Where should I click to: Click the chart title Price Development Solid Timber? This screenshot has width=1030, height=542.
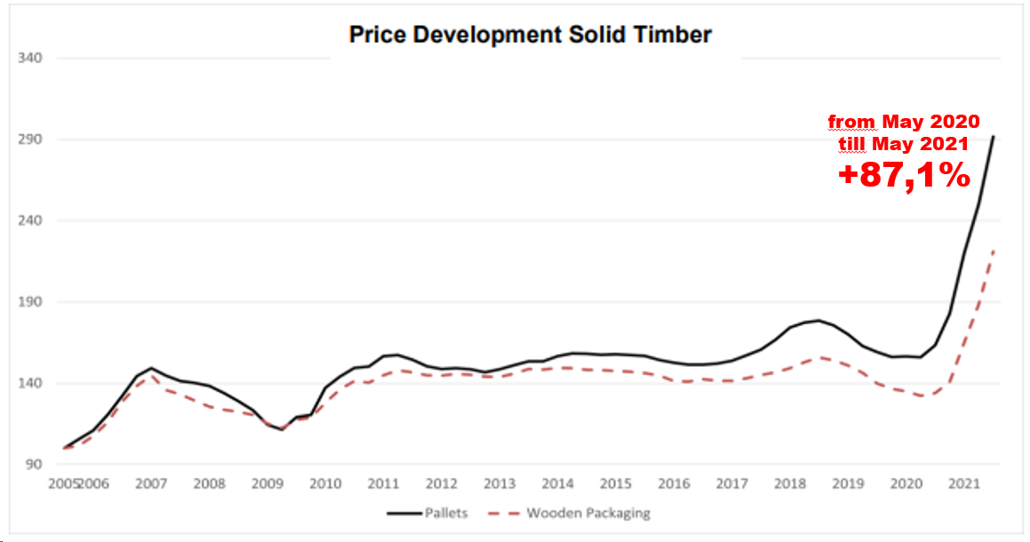(x=530, y=35)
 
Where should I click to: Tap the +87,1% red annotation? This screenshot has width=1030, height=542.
(x=904, y=176)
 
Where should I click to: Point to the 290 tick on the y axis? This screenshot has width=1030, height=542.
(x=31, y=139)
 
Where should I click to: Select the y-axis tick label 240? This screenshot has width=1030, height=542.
(x=31, y=220)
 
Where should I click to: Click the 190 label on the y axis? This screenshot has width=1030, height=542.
(x=31, y=302)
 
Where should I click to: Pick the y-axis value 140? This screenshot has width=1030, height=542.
(x=31, y=383)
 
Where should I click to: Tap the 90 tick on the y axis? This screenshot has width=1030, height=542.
(x=34, y=465)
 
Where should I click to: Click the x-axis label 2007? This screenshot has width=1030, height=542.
(x=151, y=484)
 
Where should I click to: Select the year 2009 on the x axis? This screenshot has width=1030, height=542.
(x=267, y=484)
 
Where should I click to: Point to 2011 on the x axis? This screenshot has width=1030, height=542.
(x=383, y=484)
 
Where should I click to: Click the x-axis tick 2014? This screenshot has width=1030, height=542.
(x=557, y=484)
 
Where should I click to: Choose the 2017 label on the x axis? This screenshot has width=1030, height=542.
(x=731, y=484)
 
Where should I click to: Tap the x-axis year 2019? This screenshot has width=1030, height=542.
(x=848, y=484)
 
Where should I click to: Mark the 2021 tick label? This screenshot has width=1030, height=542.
(x=964, y=484)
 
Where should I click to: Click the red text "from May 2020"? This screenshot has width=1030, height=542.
(x=903, y=121)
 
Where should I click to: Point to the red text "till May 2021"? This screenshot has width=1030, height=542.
(x=903, y=142)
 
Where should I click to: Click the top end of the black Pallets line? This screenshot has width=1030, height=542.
(x=994, y=136)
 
